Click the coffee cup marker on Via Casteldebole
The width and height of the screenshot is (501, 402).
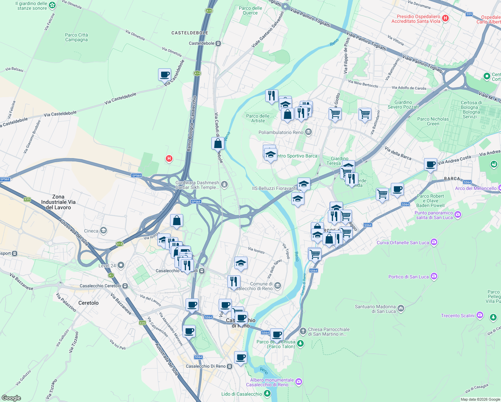[164, 75]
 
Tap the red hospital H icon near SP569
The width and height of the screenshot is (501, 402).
[169, 158]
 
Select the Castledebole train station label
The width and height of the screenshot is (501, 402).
[202, 43]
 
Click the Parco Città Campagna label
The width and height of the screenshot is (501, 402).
[76, 37]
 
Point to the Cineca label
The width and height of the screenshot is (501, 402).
[91, 231]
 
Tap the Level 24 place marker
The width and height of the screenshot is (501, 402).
[121, 265]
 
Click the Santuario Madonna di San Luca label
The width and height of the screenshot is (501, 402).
[375, 309]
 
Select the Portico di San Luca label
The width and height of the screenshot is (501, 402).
[408, 277]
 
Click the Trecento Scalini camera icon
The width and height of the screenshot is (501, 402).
[480, 315]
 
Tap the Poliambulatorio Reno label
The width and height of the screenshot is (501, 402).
[281, 132]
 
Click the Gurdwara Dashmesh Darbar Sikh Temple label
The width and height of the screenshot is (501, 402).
[197, 185]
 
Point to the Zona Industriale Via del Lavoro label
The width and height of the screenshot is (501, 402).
[58, 202]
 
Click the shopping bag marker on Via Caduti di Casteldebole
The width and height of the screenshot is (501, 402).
[218, 143]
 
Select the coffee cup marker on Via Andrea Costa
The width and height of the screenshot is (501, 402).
[430, 164]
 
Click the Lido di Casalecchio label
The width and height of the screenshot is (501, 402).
[241, 394]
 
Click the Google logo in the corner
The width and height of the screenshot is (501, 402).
[11, 398]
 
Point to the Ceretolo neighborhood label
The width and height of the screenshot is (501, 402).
[88, 303]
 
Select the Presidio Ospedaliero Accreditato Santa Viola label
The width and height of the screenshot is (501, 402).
[416, 19]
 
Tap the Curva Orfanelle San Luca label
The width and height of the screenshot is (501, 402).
[403, 243]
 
